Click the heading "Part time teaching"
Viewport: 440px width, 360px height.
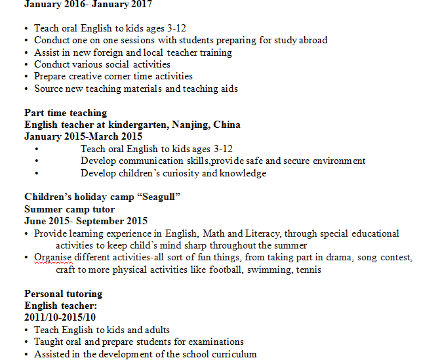point(66,113)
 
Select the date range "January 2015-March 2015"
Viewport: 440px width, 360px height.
point(83,136)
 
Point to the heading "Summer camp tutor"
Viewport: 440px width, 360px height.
point(70,209)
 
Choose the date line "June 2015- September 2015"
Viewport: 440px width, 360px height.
point(86,221)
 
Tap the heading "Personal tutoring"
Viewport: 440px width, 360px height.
point(64,293)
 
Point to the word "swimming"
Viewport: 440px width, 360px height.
point(265,269)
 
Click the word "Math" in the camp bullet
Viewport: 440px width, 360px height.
point(214,233)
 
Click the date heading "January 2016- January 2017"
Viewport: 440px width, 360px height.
point(88,5)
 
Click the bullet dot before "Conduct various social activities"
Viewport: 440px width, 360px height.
point(26,65)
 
